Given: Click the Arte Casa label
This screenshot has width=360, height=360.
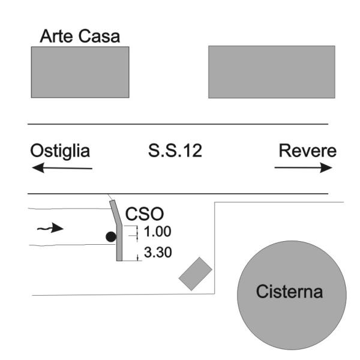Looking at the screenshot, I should pyautogui.click(x=80, y=37).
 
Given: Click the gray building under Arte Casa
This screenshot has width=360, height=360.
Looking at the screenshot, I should pyautogui.click(x=80, y=72).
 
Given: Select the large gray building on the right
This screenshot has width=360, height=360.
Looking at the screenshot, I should pyautogui.click(x=271, y=72).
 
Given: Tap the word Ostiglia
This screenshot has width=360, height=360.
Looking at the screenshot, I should pyautogui.click(x=61, y=151).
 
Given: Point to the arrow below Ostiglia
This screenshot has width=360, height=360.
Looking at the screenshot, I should pyautogui.click(x=62, y=169).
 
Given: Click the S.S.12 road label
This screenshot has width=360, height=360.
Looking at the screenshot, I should pyautogui.click(x=175, y=151).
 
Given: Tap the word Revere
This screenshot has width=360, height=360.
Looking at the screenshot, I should pyautogui.click(x=306, y=151).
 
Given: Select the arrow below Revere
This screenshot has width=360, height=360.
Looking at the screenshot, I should pyautogui.click(x=303, y=169).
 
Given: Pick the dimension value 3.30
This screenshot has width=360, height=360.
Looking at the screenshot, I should pyautogui.click(x=158, y=253).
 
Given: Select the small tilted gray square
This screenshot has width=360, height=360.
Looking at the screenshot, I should pyautogui.click(x=196, y=274).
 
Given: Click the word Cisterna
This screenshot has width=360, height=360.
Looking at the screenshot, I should pyautogui.click(x=290, y=293).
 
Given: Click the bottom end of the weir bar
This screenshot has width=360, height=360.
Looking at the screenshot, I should pyautogui.click(x=119, y=259).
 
